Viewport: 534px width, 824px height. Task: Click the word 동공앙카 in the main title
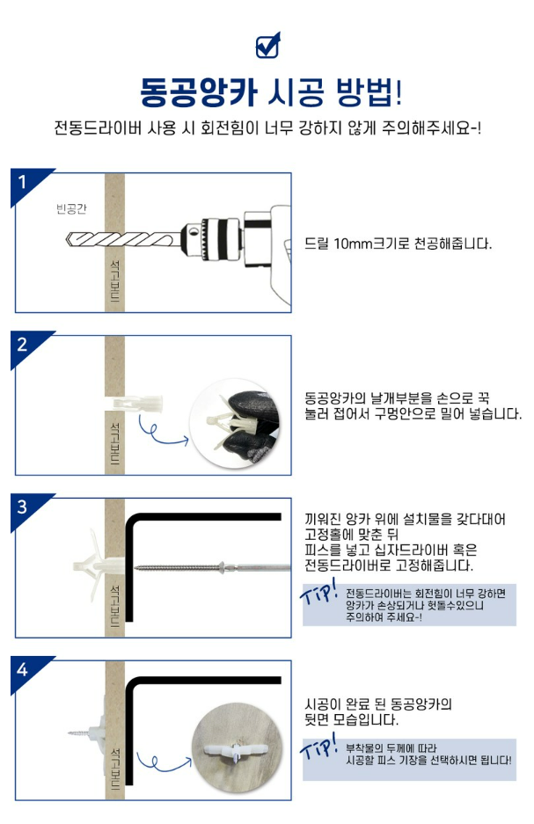pyautogui.click(x=199, y=92)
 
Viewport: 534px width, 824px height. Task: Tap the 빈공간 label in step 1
pyautogui.click(x=71, y=209)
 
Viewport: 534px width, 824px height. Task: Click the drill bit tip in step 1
pyautogui.click(x=67, y=240)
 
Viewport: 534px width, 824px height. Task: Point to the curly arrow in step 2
pyautogui.click(x=160, y=431)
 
